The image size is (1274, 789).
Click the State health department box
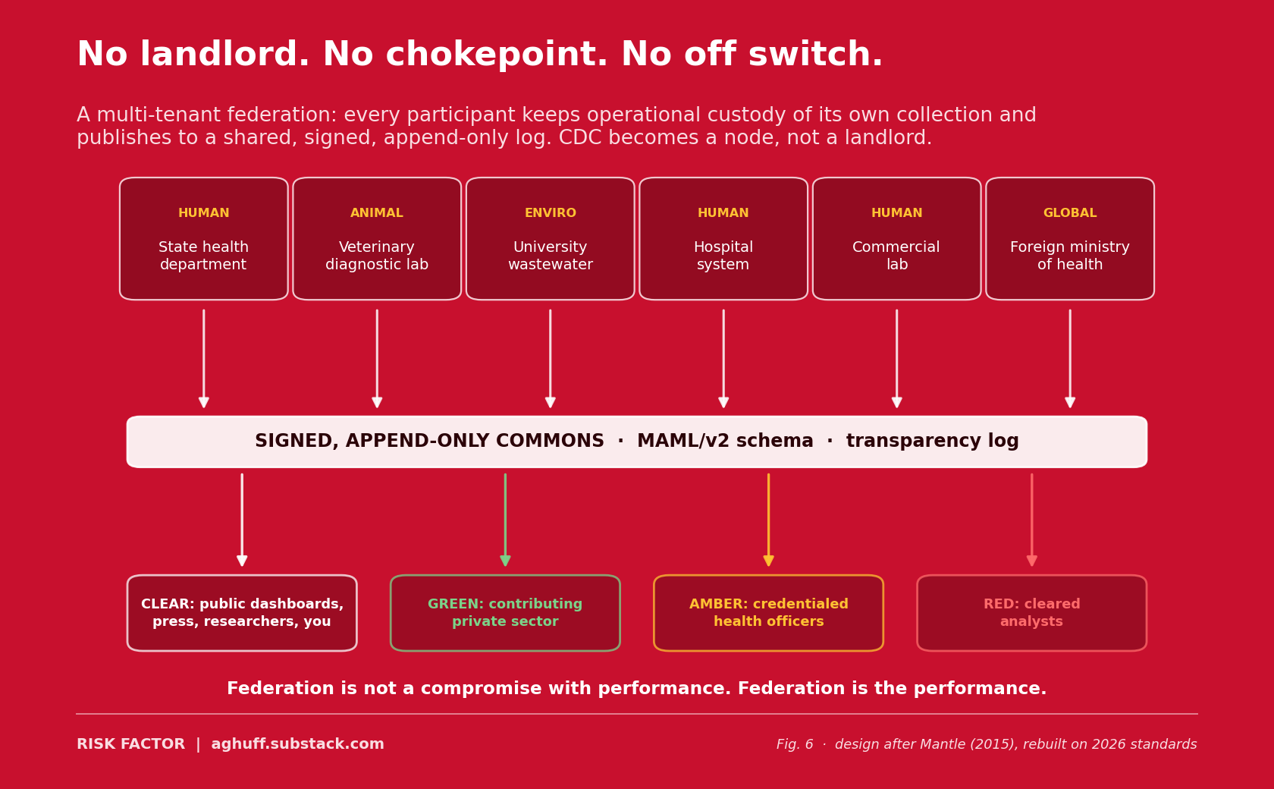(203, 238)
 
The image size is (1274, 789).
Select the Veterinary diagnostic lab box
(377, 238)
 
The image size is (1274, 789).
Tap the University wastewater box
(550, 238)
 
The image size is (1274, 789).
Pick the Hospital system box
(723, 238)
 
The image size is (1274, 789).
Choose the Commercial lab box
(897, 238)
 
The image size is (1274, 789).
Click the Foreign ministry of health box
(1070, 238)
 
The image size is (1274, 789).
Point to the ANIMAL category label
(376, 212)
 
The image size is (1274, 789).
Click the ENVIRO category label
(550, 212)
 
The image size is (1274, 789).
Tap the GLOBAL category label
(1070, 212)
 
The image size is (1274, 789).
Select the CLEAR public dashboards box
(242, 613)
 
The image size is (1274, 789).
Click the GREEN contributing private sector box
(505, 613)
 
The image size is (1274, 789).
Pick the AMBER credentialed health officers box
(768, 613)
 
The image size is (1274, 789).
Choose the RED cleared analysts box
(1031, 613)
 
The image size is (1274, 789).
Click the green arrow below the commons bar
(505, 520)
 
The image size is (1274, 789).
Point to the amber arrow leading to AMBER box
(768, 520)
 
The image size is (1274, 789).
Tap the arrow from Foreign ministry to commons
(1070, 358)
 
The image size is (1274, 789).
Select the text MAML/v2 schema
(725, 441)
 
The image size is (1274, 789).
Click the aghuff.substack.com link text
(297, 744)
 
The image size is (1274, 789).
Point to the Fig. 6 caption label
(795, 745)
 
